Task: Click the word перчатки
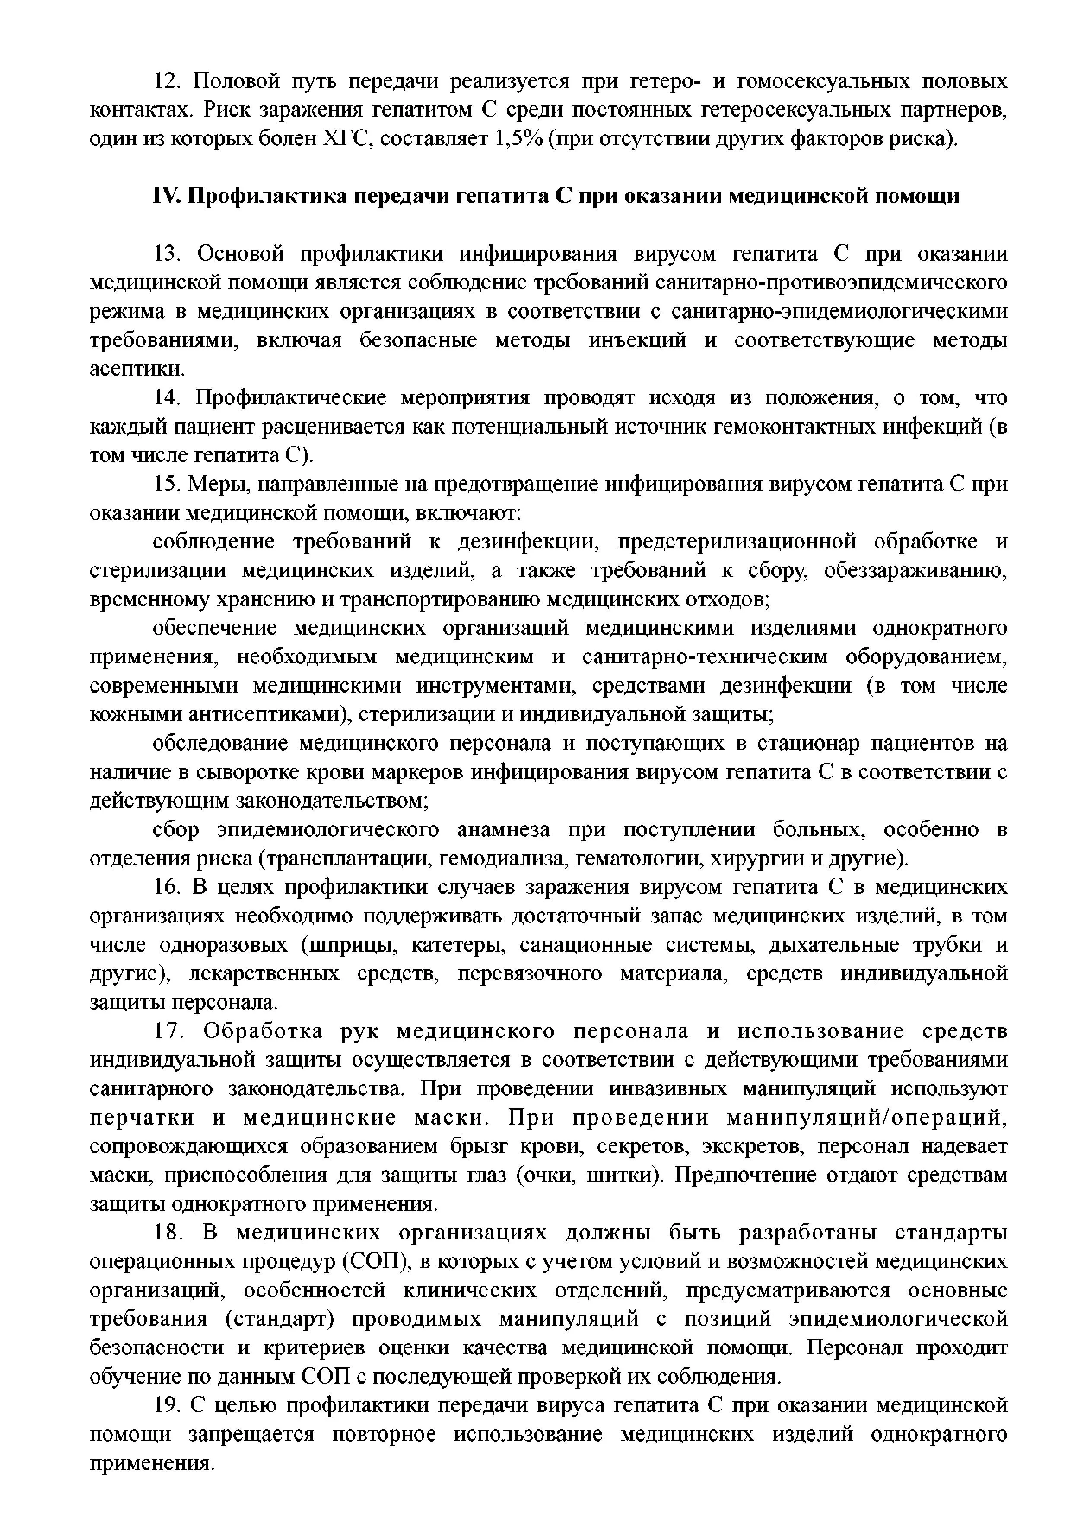tap(143, 1118)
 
